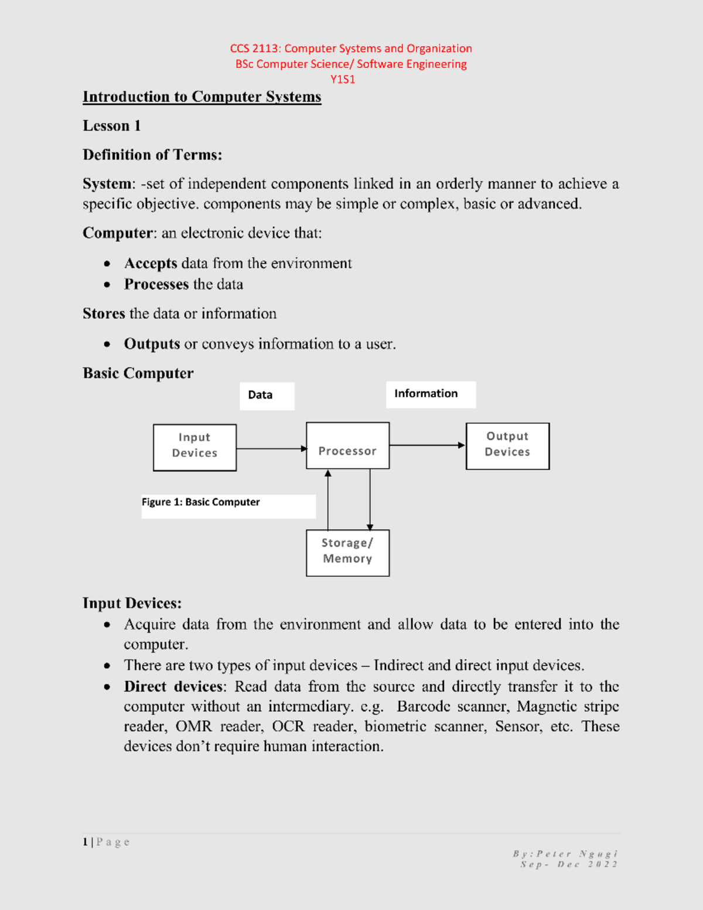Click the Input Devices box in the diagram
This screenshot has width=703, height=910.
[194, 447]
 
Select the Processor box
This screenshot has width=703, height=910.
[347, 446]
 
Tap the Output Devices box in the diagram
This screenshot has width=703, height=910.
[507, 446]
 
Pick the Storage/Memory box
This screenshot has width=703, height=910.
[347, 553]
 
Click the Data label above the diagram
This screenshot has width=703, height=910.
[260, 395]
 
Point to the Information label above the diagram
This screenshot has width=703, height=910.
[426, 394]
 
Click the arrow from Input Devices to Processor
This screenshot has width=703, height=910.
[271, 449]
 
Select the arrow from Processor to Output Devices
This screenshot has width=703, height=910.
[426, 445]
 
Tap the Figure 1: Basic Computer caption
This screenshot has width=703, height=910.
[200, 502]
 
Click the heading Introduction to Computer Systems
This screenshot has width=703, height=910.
[202, 97]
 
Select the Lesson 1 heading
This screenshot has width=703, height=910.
[111, 126]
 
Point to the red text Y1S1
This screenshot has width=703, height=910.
[343, 80]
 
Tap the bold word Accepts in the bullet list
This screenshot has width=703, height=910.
[151, 264]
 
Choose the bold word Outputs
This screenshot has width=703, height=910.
[152, 344]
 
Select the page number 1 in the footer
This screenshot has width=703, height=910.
[86, 842]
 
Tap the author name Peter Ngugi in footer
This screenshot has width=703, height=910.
[576, 854]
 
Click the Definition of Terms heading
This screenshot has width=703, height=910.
[152, 155]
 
